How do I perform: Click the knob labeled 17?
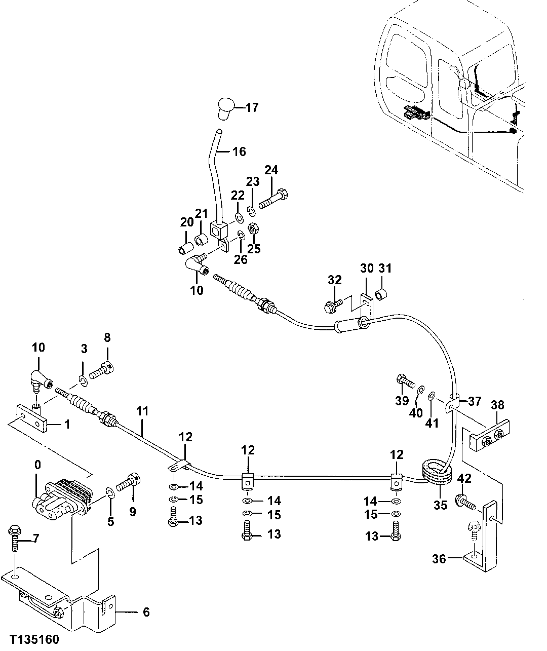pyautogui.click(x=225, y=108)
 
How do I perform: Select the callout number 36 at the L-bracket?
pyautogui.click(x=440, y=559)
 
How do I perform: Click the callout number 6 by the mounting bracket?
pyautogui.click(x=146, y=612)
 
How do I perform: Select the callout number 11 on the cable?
pyautogui.click(x=142, y=411)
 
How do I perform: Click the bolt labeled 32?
pyautogui.click(x=333, y=304)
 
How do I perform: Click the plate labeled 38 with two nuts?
pyautogui.click(x=489, y=435)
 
